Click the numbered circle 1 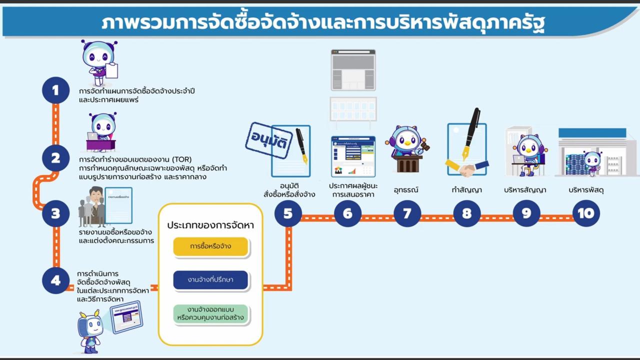point(55,90)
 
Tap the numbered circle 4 point(55,280)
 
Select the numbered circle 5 point(288,213)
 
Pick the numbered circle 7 point(407,213)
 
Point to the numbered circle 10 point(585,213)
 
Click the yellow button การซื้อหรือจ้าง point(210,246)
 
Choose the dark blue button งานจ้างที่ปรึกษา point(210,279)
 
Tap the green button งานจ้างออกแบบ point(210,313)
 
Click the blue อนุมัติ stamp point(268,140)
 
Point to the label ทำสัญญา point(466,190)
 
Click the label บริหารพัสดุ point(585,190)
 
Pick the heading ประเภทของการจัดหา point(210,225)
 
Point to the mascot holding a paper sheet point(99,62)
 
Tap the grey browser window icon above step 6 point(353,70)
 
